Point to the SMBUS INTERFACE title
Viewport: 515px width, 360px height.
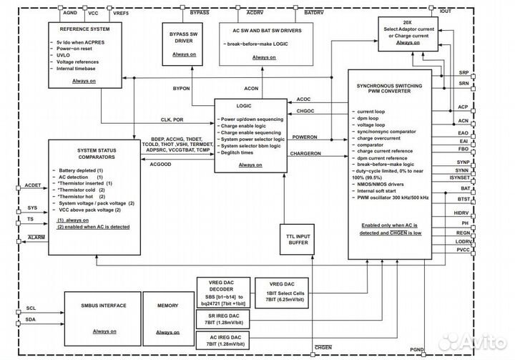pyautogui.click(x=98, y=306)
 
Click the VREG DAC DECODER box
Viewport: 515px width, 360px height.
pyautogui.click(x=220, y=292)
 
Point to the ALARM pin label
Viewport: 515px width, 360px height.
pyautogui.click(x=36, y=237)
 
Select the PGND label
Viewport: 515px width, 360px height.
pyautogui.click(x=417, y=350)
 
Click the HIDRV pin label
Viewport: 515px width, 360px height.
pyautogui.click(x=462, y=213)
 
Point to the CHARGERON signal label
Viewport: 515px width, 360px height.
pyautogui.click(x=306, y=154)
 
